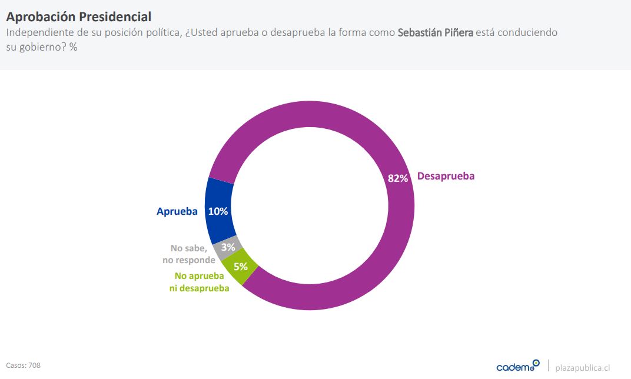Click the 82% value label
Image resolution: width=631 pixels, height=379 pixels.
(398, 178)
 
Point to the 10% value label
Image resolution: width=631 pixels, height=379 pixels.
(218, 211)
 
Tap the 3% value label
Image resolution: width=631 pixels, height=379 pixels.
(228, 248)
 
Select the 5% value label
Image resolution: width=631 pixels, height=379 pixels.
(241, 266)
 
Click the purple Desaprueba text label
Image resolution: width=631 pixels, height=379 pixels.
(446, 176)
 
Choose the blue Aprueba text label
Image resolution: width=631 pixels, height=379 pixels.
(177, 211)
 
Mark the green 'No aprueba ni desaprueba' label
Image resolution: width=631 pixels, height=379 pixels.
(201, 282)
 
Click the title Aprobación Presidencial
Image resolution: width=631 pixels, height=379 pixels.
(78, 17)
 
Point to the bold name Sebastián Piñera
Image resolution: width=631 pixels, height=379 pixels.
(435, 32)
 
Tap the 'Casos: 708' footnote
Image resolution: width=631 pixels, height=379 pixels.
(24, 365)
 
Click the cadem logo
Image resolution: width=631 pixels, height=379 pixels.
(517, 366)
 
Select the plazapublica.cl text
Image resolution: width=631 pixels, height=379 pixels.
(582, 367)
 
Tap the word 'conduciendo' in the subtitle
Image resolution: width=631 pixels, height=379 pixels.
(528, 32)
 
